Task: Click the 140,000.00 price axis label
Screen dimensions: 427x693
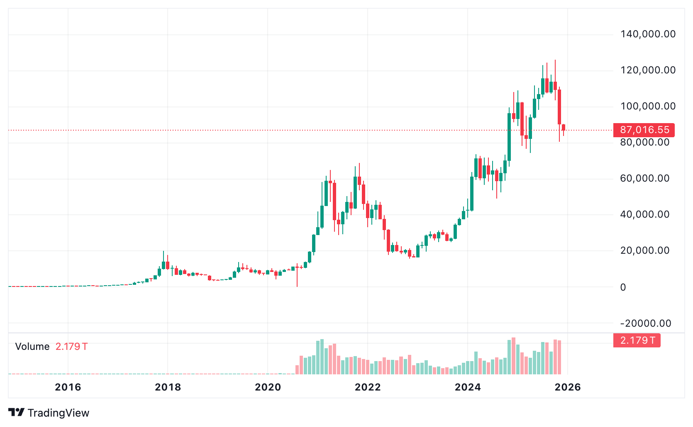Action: (648, 34)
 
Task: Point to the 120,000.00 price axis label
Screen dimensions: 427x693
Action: (648, 70)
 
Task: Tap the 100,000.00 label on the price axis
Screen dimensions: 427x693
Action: (648, 106)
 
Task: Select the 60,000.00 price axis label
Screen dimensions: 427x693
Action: (645, 178)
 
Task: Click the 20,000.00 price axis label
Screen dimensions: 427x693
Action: (645, 250)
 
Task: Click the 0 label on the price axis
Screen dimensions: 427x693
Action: (623, 287)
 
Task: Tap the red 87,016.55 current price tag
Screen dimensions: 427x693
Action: (644, 130)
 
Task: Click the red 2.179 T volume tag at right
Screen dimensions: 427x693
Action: (637, 340)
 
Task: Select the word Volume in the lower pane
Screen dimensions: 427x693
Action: (32, 347)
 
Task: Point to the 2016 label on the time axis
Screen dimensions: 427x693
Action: (68, 387)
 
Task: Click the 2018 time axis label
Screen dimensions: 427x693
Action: (168, 387)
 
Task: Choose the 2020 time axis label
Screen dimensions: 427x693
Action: (268, 387)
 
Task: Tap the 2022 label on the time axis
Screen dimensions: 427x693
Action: (368, 387)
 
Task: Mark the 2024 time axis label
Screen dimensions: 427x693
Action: (468, 387)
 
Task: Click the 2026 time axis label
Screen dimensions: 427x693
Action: (568, 387)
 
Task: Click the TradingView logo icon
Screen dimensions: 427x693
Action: (16, 412)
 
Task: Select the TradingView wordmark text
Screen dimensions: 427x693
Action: (59, 413)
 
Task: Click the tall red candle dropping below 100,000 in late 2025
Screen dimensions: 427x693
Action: (559, 107)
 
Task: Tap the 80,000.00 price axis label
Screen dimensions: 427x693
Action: (645, 142)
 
